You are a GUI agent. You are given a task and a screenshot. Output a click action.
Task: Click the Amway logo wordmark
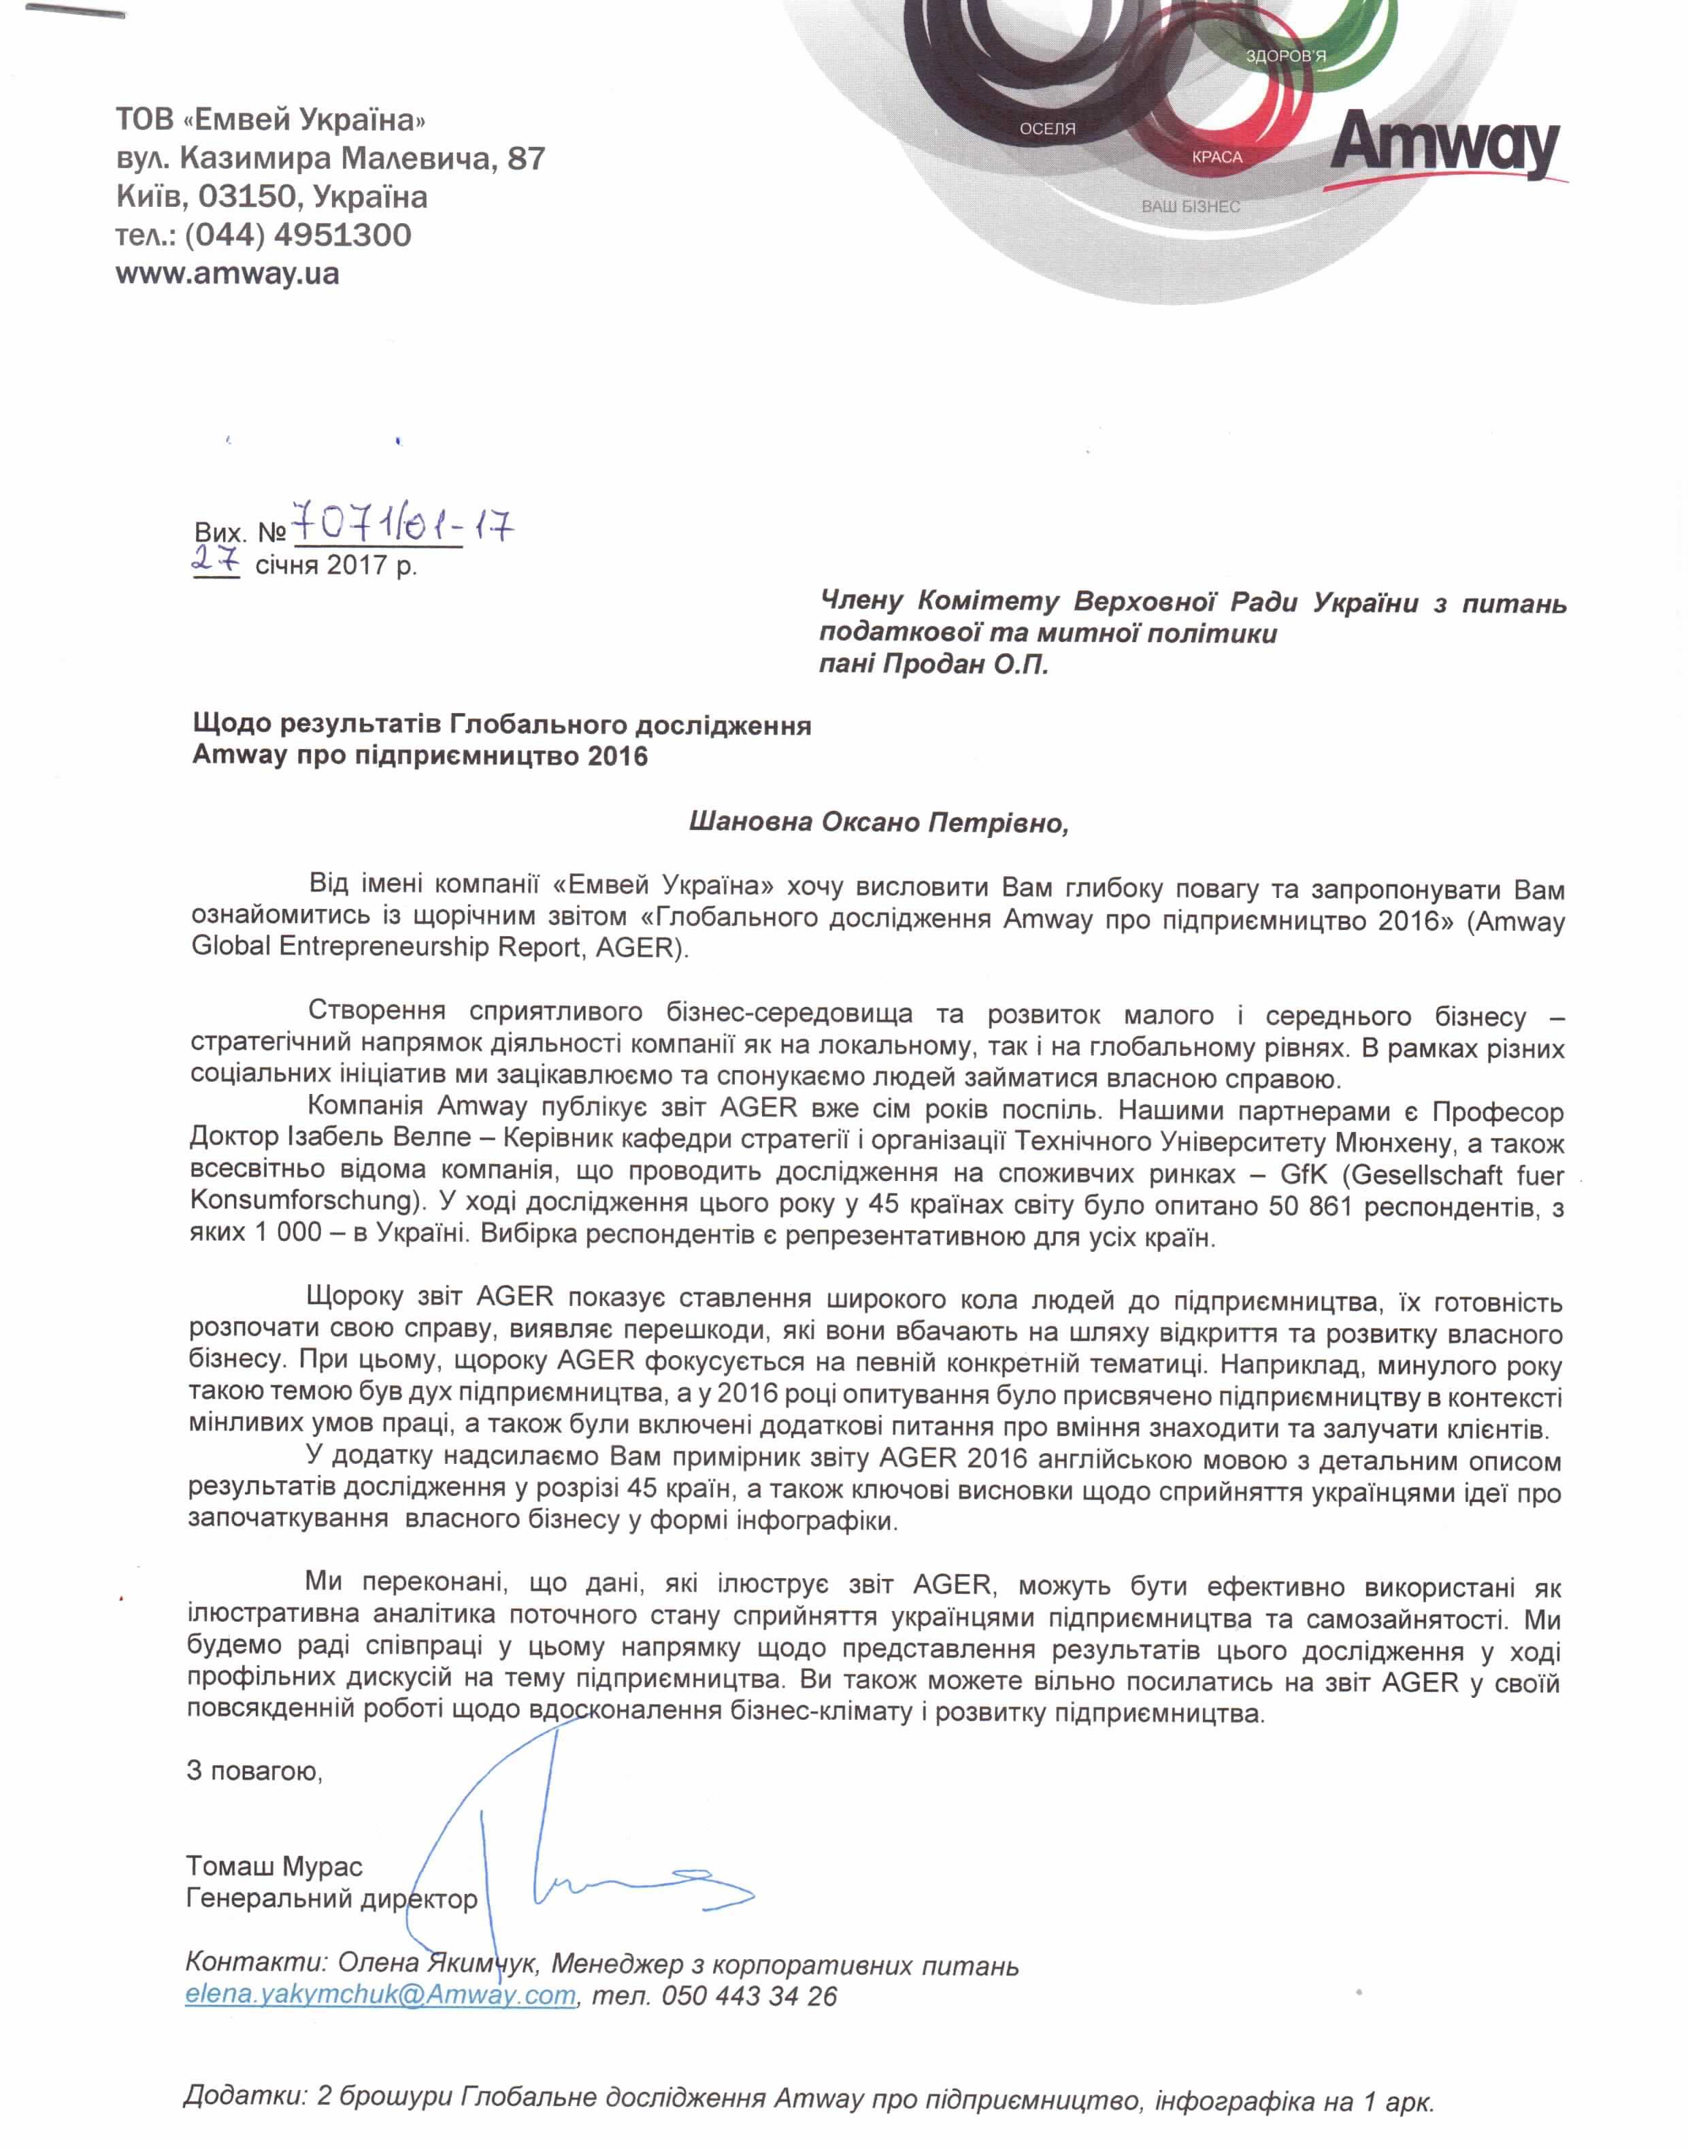(x=1445, y=147)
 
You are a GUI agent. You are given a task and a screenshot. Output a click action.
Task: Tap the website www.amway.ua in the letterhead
(x=227, y=273)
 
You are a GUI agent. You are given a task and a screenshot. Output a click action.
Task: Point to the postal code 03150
(x=247, y=197)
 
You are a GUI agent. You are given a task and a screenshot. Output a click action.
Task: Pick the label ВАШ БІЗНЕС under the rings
(x=1190, y=207)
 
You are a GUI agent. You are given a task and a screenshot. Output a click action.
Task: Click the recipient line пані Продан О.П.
(x=934, y=664)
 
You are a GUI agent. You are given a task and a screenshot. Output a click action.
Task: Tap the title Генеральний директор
(x=331, y=1898)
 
